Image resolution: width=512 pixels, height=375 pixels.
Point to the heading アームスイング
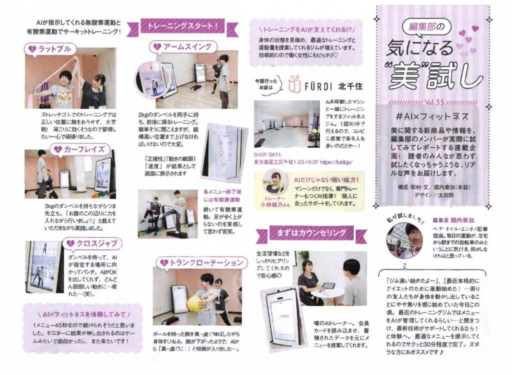(x=185, y=46)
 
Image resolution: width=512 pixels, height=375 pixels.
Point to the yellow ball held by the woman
(x=194, y=303)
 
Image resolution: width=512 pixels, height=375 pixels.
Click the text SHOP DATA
(x=268, y=155)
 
